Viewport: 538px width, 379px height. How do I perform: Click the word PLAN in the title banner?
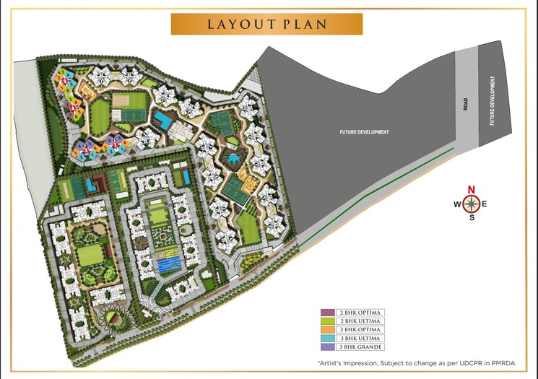[304, 24]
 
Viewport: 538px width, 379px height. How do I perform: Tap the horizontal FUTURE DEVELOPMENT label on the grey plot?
[365, 132]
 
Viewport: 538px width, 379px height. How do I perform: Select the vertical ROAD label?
[466, 103]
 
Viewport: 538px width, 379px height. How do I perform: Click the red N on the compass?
[472, 190]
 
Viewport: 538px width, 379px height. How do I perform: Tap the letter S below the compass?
[472, 217]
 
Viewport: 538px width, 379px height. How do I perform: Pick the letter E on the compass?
[485, 204]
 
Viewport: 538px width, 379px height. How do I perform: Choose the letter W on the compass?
[457, 204]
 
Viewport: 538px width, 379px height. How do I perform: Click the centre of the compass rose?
[472, 204]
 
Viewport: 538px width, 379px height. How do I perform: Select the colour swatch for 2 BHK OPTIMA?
[327, 313]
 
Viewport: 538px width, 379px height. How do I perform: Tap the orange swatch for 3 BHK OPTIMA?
[327, 330]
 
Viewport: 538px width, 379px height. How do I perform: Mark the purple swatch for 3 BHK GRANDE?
[327, 347]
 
